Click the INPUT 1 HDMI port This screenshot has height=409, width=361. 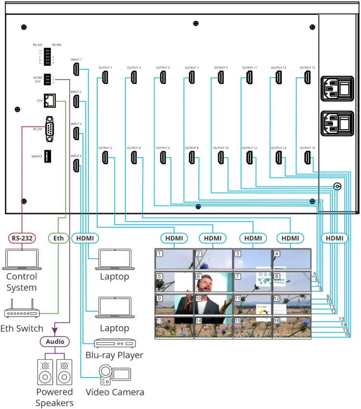tap(76, 69)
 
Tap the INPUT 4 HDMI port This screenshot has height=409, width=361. tap(76, 165)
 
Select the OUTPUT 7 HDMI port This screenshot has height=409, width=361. tap(191, 77)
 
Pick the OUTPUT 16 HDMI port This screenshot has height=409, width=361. tap(307, 157)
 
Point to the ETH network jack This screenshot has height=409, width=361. tap(50, 101)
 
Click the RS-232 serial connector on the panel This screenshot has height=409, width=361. tap(50, 129)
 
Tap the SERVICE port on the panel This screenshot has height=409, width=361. tap(48, 156)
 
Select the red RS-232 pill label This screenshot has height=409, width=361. tap(22, 238)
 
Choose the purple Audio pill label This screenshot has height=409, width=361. tap(54, 342)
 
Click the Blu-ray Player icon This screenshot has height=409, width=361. tap(115, 343)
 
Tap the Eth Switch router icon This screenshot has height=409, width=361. tap(22, 311)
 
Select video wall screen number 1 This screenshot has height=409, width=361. tap(174, 259)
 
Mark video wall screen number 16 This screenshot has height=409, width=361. tap(291, 328)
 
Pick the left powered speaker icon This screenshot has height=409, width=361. tap(45, 372)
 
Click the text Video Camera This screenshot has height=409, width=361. tap(115, 392)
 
